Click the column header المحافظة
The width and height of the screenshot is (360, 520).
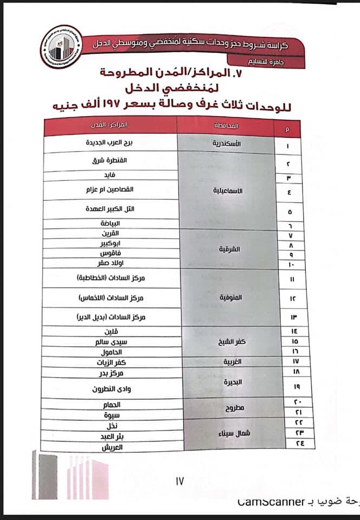pos(231,126)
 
